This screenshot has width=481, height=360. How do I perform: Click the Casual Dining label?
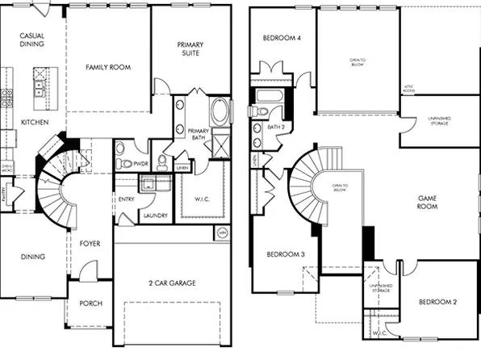31,40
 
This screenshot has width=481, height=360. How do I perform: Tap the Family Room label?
108,68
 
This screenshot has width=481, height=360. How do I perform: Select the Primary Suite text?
190,49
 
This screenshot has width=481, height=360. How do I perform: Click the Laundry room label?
153,216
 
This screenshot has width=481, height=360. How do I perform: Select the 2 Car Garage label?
171,283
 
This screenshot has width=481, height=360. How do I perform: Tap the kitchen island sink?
38,84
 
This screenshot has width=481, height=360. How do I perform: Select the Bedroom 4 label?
282,38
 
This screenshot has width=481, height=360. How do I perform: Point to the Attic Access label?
409,90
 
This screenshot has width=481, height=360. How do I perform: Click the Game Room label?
427,202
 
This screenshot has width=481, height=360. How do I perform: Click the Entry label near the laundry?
126,199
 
